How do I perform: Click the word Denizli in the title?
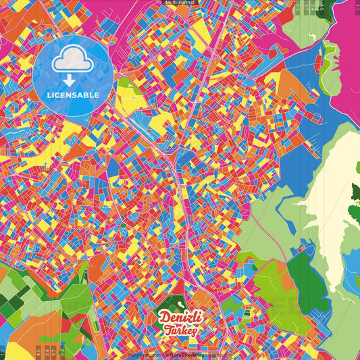tap(180, 317)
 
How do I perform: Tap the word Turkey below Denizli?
tap(180, 331)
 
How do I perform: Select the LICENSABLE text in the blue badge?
tap(73, 95)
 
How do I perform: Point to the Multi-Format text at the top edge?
tap(180, 3)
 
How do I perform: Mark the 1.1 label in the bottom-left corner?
tap(3, 351)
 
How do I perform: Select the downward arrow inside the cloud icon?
tap(73, 80)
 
